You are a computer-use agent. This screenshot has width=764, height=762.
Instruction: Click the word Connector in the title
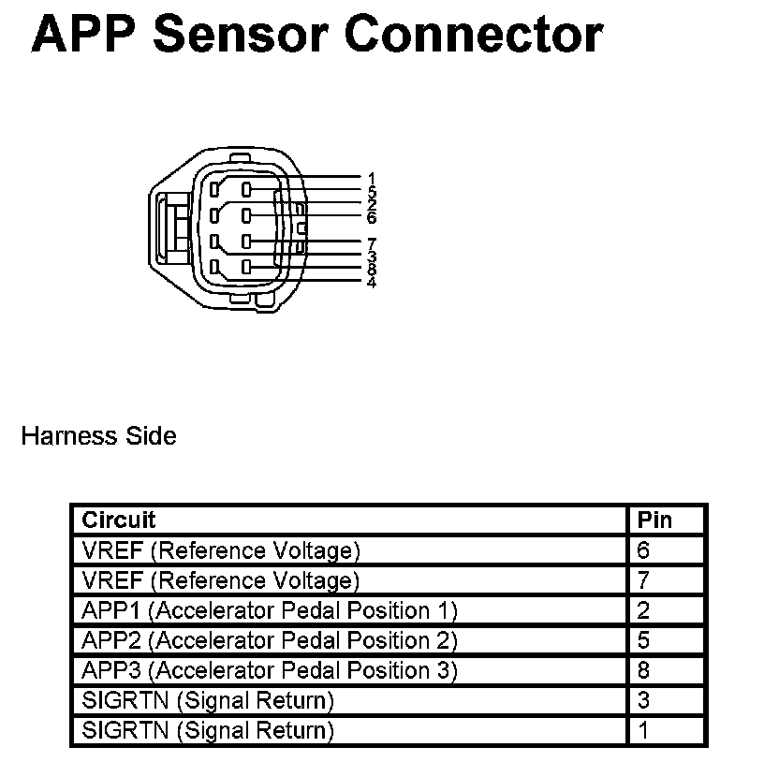[x=474, y=35]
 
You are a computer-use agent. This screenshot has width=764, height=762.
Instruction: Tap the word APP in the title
[x=85, y=35]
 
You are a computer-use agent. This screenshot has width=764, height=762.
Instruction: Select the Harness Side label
[x=98, y=436]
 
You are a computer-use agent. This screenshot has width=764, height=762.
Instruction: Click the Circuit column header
[x=119, y=520]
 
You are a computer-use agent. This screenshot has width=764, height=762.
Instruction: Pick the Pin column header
[x=655, y=520]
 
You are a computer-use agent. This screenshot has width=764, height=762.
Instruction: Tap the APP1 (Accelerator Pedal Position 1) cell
[x=270, y=610]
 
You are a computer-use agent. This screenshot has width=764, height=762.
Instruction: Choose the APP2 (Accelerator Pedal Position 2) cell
[x=270, y=640]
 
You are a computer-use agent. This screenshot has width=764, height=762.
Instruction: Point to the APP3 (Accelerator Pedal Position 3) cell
[x=270, y=670]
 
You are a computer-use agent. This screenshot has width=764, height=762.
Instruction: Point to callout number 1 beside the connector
[x=372, y=177]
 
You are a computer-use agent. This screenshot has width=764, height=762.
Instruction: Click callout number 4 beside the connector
[x=372, y=282]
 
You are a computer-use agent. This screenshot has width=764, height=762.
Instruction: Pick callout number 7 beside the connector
[x=372, y=243]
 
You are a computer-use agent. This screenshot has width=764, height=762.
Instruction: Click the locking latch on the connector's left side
[x=171, y=227]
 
